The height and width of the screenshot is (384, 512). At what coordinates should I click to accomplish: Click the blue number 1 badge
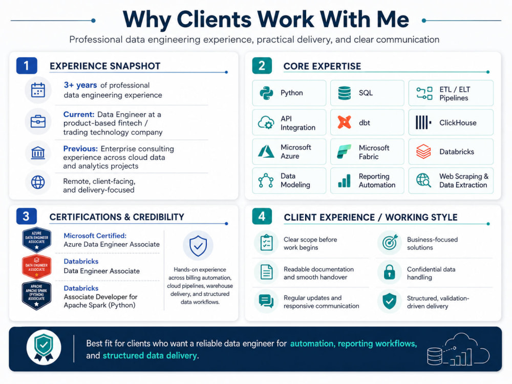tap(27, 66)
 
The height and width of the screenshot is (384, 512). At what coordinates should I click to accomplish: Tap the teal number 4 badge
tap(262, 217)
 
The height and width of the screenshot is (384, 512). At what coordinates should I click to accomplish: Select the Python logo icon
tap(266, 93)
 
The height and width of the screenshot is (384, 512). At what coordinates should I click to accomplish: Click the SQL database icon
tap(344, 93)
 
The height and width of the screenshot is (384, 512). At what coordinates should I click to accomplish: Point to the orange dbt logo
tap(344, 122)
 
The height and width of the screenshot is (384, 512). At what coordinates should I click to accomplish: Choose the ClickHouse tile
tap(451, 122)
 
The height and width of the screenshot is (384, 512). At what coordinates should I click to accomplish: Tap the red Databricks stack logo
tap(423, 152)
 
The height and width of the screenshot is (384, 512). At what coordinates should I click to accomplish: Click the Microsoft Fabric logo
tap(344, 152)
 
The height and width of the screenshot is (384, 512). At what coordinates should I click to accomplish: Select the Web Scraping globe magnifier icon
tap(423, 180)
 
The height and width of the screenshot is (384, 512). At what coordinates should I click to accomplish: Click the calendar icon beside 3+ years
tap(38, 90)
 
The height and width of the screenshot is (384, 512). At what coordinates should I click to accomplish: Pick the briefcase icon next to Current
tap(38, 122)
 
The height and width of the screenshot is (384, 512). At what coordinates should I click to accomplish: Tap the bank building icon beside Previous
tap(38, 153)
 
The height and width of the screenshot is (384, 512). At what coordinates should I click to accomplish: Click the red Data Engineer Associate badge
tap(36, 267)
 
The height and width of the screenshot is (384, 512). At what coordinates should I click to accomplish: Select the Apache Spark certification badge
tap(36, 295)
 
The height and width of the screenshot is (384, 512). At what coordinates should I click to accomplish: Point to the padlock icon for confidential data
tap(390, 272)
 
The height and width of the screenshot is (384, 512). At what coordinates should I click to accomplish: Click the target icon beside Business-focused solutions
tap(390, 242)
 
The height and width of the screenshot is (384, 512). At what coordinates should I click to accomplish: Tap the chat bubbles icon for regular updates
tap(266, 301)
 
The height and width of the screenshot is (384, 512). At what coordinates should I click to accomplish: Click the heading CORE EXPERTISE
tap(322, 66)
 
